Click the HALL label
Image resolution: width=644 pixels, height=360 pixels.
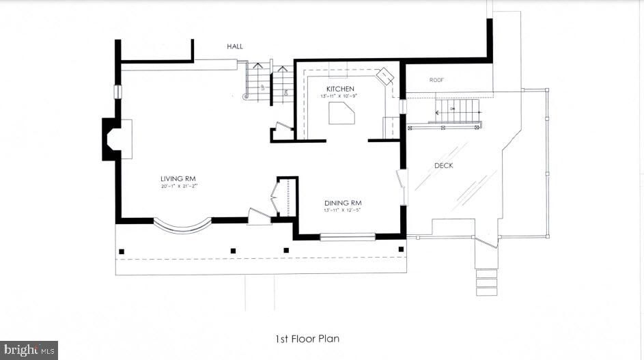click(x=235, y=46)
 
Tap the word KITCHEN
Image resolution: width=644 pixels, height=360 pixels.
click(x=340, y=89)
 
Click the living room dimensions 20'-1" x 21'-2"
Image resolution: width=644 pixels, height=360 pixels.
click(x=174, y=186)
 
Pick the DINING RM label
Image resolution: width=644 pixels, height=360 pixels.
click(x=343, y=203)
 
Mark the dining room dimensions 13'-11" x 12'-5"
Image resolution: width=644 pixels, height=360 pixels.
click(x=343, y=210)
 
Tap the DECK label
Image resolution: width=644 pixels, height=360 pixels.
click(x=444, y=165)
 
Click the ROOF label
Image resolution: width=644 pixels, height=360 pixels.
click(x=436, y=80)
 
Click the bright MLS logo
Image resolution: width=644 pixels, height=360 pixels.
click(x=29, y=350)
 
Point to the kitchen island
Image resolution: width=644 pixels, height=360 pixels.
click(x=341, y=115)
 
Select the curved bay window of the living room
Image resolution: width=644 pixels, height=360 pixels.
click(x=182, y=226)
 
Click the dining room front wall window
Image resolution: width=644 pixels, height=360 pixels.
click(x=348, y=237)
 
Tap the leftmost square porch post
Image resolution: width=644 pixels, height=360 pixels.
click(x=122, y=251)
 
